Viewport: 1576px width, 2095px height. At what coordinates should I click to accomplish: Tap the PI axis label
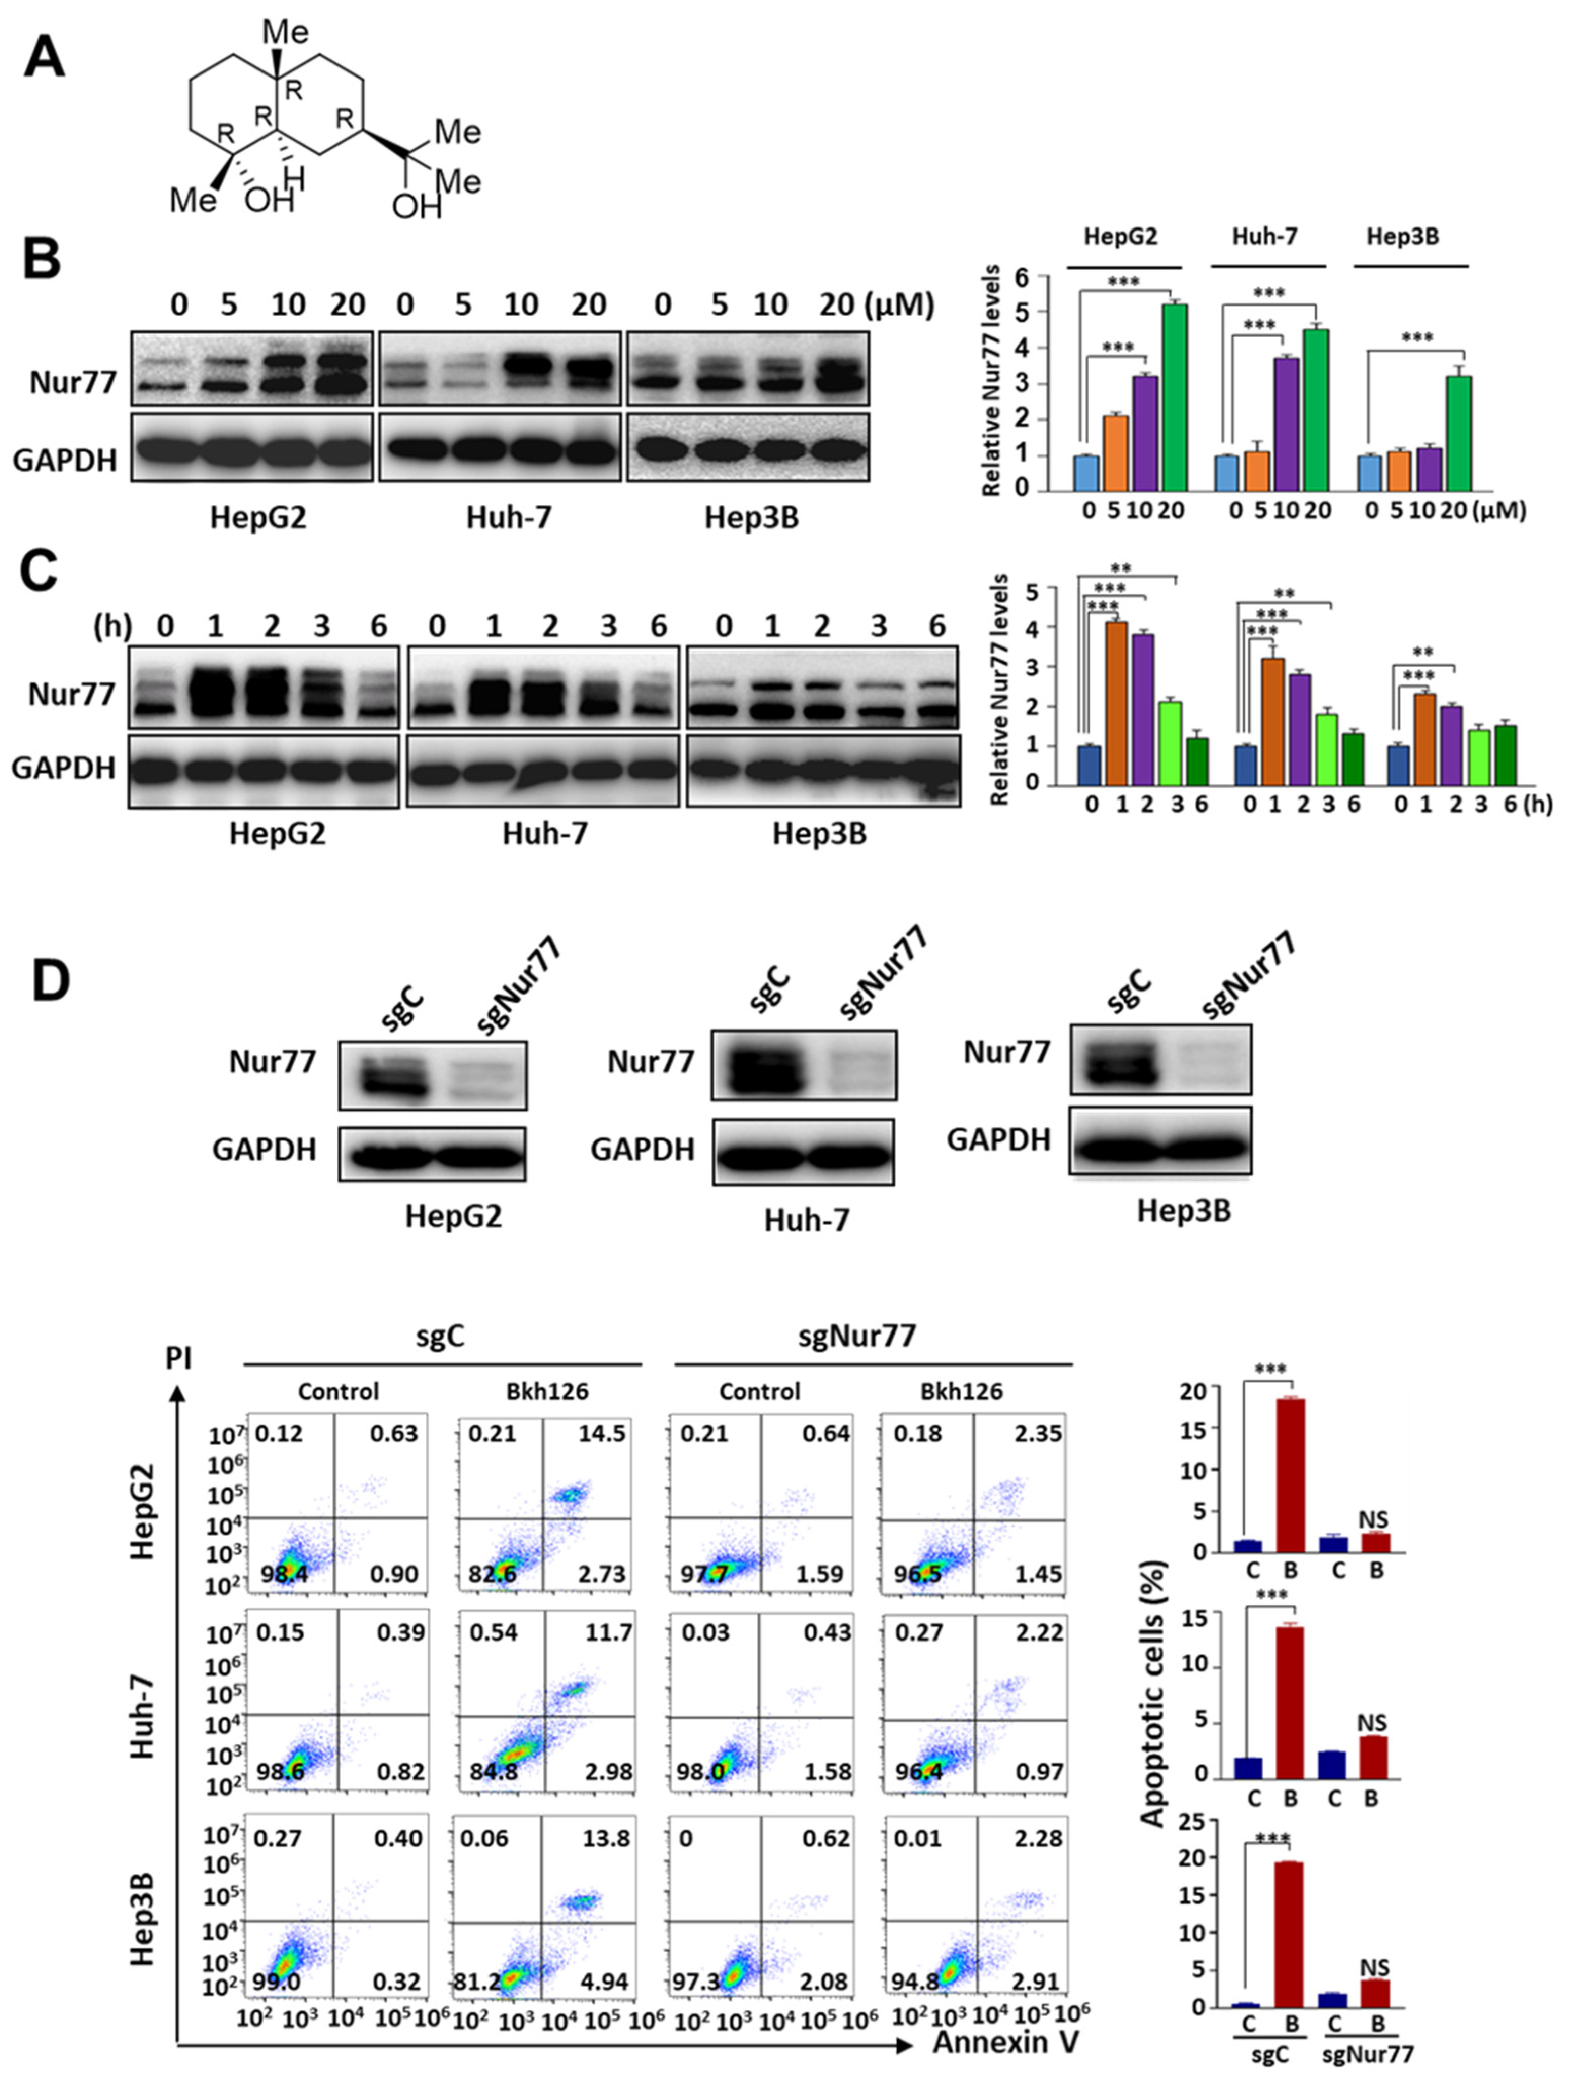(x=178, y=1359)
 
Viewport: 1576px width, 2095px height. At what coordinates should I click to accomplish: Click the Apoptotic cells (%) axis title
(x=1153, y=1693)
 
